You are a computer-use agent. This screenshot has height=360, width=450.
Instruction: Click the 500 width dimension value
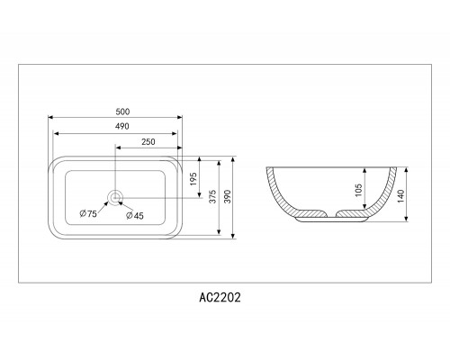[x=122, y=112]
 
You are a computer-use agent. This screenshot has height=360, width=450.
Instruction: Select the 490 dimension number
[x=122, y=126]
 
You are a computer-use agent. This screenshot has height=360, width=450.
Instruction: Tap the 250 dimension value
[x=148, y=142]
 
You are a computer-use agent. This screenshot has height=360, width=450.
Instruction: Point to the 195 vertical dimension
[x=193, y=179]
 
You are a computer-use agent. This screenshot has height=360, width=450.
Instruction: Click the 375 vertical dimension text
[x=212, y=196]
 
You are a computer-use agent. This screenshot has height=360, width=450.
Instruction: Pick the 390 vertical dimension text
[x=228, y=196]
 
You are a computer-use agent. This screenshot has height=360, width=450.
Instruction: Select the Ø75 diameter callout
[x=88, y=213]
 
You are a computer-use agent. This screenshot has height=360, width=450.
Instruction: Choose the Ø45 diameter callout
[x=135, y=215]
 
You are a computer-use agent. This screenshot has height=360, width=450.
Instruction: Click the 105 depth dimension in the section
[x=358, y=190]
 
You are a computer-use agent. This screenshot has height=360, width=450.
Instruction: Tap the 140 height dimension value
[x=400, y=196]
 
